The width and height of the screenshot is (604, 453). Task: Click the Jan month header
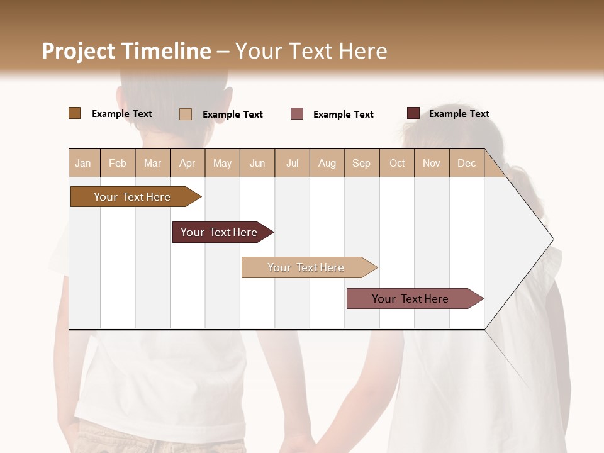pyautogui.click(x=84, y=163)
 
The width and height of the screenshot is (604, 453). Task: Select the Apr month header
pyautogui.click(x=187, y=163)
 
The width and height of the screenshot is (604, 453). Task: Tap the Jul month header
pyautogui.click(x=292, y=163)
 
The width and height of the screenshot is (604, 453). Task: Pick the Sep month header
pyautogui.click(x=361, y=163)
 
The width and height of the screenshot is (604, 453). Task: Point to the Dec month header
pyautogui.click(x=466, y=163)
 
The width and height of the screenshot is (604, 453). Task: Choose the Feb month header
pyautogui.click(x=118, y=163)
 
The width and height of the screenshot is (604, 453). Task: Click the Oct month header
pyautogui.click(x=397, y=163)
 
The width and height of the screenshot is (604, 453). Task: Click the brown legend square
pyautogui.click(x=75, y=113)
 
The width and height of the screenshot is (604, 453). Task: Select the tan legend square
pyautogui.click(x=186, y=114)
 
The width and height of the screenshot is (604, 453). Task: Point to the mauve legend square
pyautogui.click(x=297, y=114)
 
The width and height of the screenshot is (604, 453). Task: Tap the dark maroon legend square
pyautogui.click(x=413, y=113)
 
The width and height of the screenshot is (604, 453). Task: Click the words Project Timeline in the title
pyautogui.click(x=126, y=51)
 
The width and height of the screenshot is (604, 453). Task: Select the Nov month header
pyautogui.click(x=432, y=163)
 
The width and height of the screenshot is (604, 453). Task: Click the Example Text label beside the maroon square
pyautogui.click(x=459, y=114)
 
